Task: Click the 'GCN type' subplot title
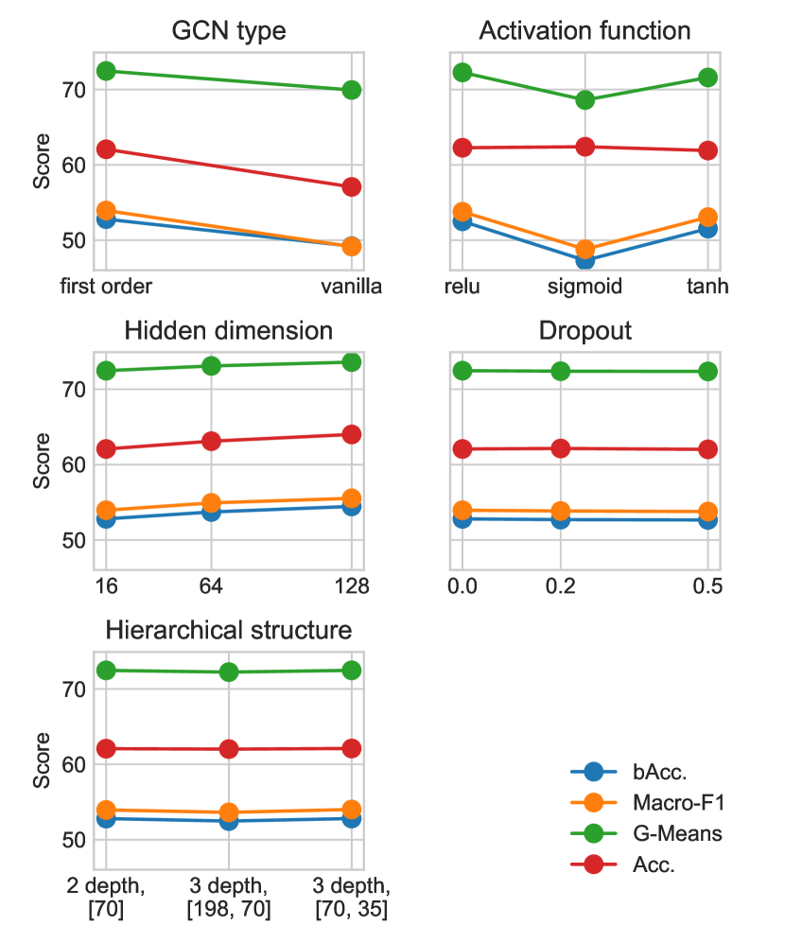[x=229, y=30]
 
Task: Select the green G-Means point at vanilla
[x=352, y=90]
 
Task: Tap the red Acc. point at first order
[x=106, y=149]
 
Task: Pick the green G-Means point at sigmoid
[x=585, y=99]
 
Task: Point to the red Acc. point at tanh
[x=707, y=150]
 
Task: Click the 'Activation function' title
[x=584, y=30]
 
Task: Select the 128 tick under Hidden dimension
[x=350, y=586]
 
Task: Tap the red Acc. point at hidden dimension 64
[x=212, y=441]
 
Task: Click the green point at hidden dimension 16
[x=106, y=371]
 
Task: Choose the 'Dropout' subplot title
[x=584, y=331]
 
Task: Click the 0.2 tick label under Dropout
[x=560, y=586]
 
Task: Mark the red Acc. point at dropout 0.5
[x=707, y=449]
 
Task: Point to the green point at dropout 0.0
[x=462, y=370]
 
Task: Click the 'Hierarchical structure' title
[x=229, y=630]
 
